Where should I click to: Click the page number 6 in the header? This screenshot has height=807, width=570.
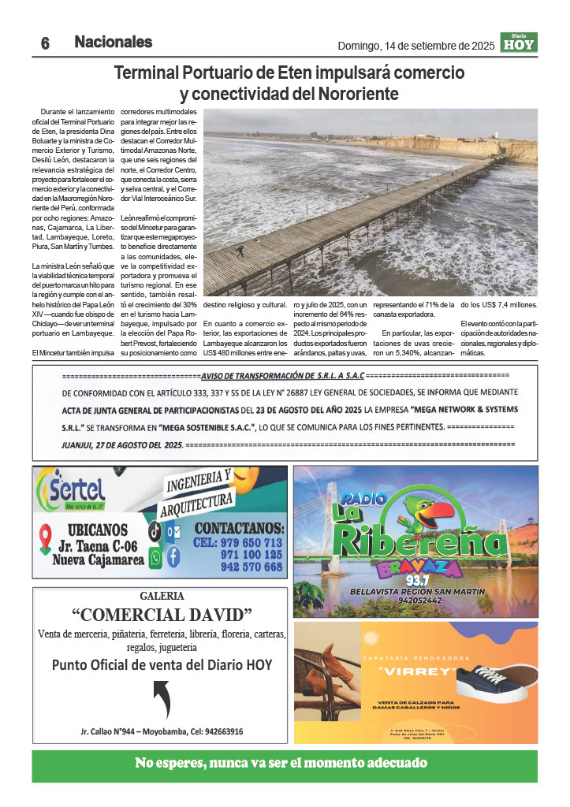46,44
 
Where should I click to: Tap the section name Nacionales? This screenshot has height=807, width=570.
114,43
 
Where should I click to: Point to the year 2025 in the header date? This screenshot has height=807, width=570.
479,46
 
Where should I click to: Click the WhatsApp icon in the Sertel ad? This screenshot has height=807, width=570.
155,557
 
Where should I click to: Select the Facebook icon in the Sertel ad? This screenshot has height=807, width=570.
173,556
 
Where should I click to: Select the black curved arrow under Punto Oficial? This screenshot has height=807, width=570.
161,698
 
